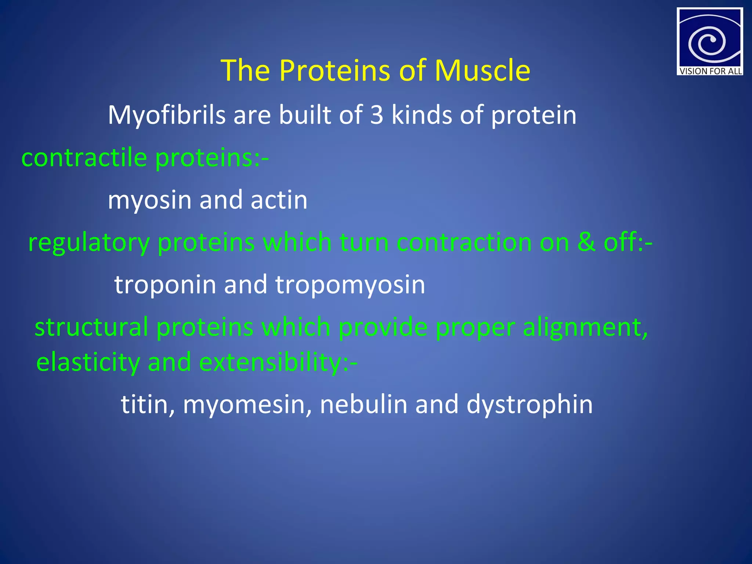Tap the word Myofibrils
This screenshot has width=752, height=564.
click(x=166, y=115)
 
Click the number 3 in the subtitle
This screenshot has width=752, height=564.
click(x=376, y=115)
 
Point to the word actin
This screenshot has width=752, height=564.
click(x=279, y=200)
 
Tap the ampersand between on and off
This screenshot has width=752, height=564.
click(x=586, y=242)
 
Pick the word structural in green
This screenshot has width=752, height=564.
click(x=91, y=327)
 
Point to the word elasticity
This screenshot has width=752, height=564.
click(x=88, y=362)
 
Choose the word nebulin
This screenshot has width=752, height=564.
click(x=364, y=404)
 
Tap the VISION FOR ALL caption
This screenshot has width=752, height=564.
click(x=710, y=71)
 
